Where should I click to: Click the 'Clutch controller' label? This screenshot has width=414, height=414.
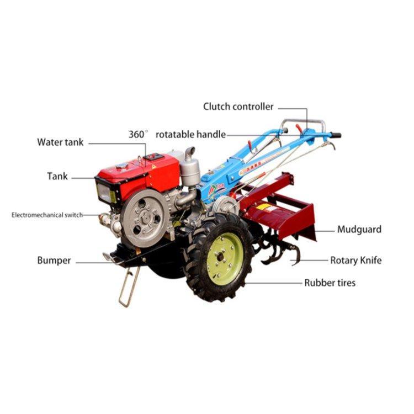[x=238, y=107]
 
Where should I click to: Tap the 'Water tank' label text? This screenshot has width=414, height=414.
[x=60, y=142]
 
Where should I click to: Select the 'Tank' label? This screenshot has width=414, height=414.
[x=57, y=176]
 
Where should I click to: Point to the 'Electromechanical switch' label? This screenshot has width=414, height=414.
[x=47, y=215]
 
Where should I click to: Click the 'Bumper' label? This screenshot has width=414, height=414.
[x=54, y=261]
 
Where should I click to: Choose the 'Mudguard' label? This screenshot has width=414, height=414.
[x=359, y=229]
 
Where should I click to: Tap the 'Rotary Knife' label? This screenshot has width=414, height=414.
[x=355, y=261]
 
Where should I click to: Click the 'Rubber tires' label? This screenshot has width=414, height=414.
[x=330, y=283]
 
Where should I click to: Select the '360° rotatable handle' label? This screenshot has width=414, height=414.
[x=177, y=134]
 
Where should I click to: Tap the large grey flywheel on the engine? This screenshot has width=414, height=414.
[x=146, y=219]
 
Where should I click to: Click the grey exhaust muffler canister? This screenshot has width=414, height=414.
[x=190, y=172]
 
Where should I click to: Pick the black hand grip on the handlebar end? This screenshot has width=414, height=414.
[x=336, y=135]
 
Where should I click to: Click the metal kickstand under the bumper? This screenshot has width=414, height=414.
[x=129, y=286]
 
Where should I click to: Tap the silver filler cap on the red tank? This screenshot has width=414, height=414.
[x=122, y=166]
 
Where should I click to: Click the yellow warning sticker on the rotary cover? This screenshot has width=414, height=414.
[x=264, y=207]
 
